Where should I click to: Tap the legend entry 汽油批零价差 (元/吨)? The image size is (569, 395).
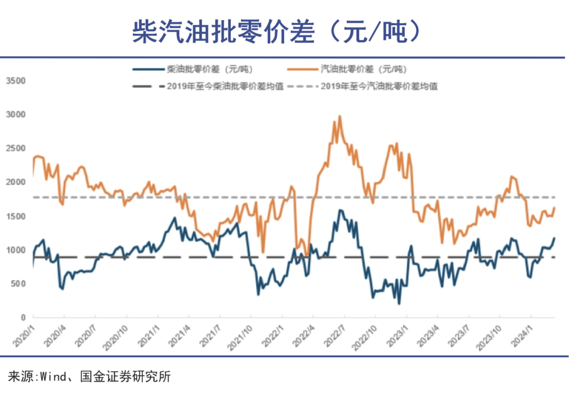click(364, 69)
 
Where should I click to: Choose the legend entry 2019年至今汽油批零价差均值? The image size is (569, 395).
click(379, 86)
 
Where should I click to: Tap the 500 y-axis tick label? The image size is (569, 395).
click(19, 284)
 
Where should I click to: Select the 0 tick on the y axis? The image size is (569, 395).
click(23, 318)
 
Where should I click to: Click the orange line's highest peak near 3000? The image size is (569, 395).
click(340, 116)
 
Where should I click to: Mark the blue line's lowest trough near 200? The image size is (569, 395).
click(399, 303)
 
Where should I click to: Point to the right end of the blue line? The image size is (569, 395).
click(555, 238)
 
